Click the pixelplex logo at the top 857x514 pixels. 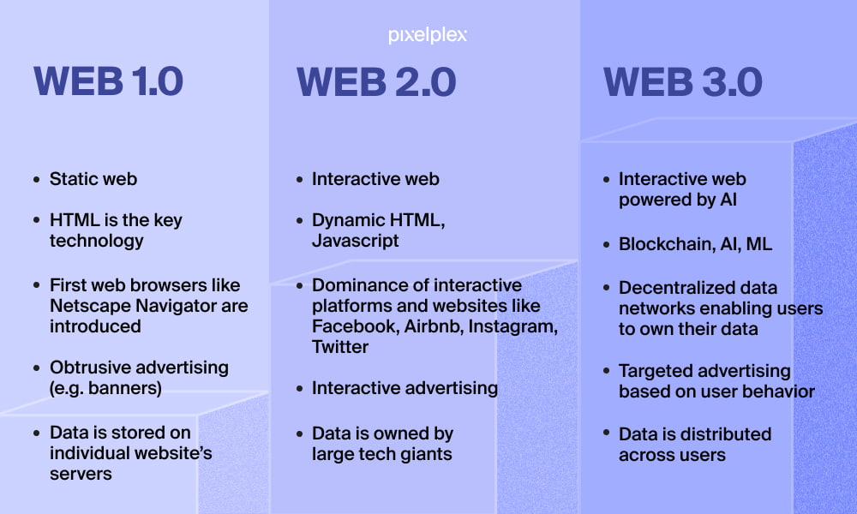click(x=428, y=35)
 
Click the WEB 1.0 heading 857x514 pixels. click(x=108, y=81)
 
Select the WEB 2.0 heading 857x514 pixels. click(x=376, y=82)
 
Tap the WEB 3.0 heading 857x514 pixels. click(x=683, y=82)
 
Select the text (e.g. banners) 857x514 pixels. click(x=105, y=388)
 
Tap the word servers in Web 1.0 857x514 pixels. click(x=81, y=474)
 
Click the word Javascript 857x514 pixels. click(x=356, y=241)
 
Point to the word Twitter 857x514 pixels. click(x=340, y=347)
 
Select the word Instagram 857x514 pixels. click(x=512, y=326)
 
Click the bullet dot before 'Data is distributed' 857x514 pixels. click(x=606, y=433)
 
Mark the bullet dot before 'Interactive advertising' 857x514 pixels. click(x=299, y=389)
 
